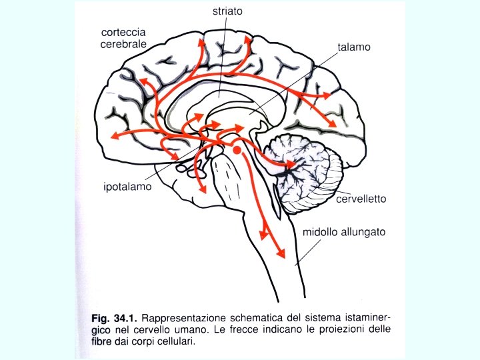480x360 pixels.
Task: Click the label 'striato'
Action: [x=228, y=11]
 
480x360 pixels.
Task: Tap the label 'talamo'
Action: [x=353, y=48]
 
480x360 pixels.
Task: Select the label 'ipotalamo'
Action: [x=127, y=187]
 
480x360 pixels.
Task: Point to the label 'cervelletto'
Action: [x=361, y=199]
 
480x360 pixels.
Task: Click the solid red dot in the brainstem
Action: [x=237, y=152]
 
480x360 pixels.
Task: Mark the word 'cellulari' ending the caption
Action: [x=175, y=343]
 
